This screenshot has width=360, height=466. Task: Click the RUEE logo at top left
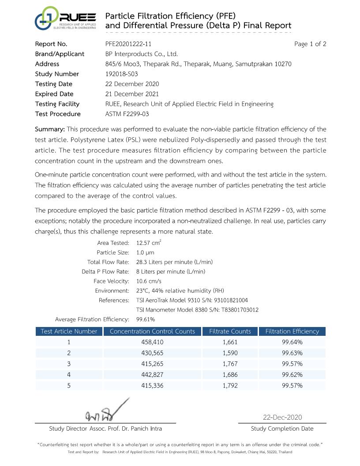[65, 19]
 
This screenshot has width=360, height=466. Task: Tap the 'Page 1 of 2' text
[310, 44]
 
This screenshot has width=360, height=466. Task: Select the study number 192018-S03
[121, 74]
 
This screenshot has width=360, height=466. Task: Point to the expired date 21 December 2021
[132, 94]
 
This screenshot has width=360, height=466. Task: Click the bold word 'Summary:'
[50, 129]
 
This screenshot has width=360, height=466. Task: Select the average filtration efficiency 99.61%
[146, 319]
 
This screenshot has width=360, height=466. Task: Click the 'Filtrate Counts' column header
[230, 331]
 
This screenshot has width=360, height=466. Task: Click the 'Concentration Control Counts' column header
[152, 331]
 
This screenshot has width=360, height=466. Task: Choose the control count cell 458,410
[152, 342]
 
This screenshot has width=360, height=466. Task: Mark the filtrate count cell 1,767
[230, 364]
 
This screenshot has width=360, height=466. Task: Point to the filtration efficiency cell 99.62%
[292, 375]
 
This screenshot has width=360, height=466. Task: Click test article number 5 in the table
[69, 385]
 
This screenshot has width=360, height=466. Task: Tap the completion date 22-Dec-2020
[282, 417]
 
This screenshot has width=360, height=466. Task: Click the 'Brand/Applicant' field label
[60, 54]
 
